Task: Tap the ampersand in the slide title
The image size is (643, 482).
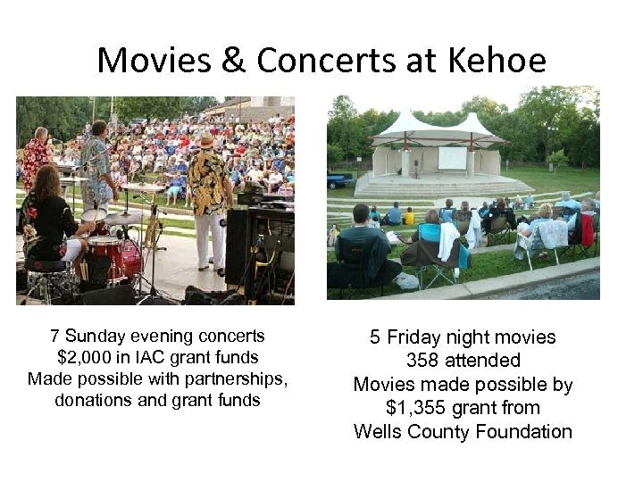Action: coord(236,61)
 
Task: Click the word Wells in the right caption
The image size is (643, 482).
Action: coord(380,432)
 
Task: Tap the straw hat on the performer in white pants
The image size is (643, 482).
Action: coord(207,140)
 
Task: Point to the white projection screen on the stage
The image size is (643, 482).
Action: coord(452,158)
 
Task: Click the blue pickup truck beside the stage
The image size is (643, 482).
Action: coord(338,181)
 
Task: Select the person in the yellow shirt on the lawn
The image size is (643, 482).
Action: coord(409,217)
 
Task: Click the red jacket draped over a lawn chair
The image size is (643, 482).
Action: coord(586,230)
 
